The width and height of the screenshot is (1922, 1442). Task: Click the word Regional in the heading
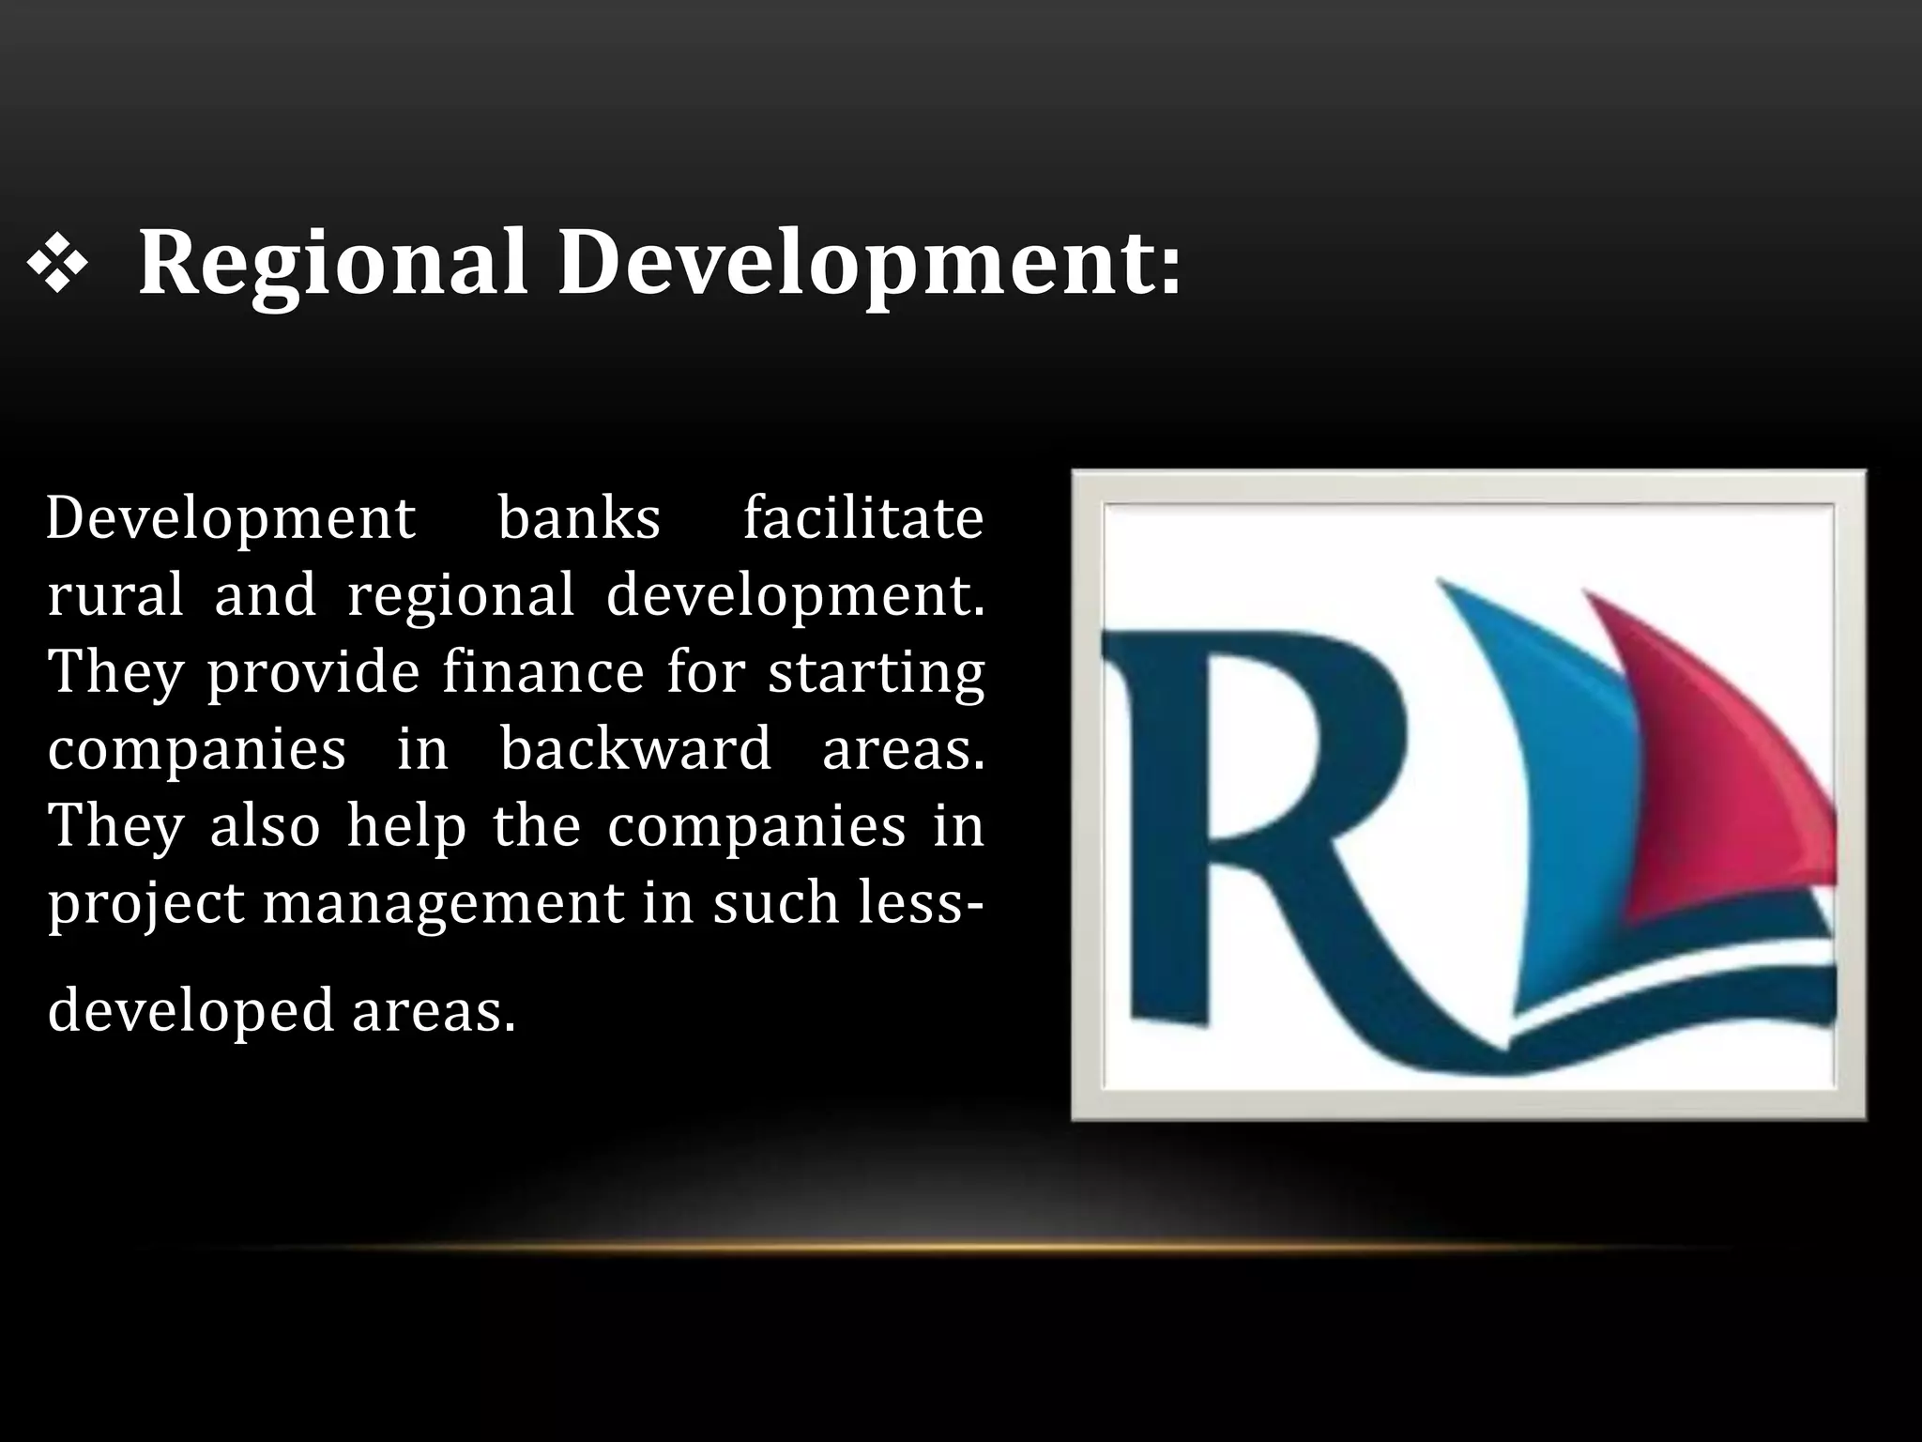333,265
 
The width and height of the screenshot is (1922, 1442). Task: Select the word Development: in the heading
869,265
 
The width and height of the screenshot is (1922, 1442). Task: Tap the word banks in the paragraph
579,518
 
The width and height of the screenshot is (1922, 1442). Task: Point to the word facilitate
862,518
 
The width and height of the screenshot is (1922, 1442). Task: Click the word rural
115,595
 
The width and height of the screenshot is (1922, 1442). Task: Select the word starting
877,674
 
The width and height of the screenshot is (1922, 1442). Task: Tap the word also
265,826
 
